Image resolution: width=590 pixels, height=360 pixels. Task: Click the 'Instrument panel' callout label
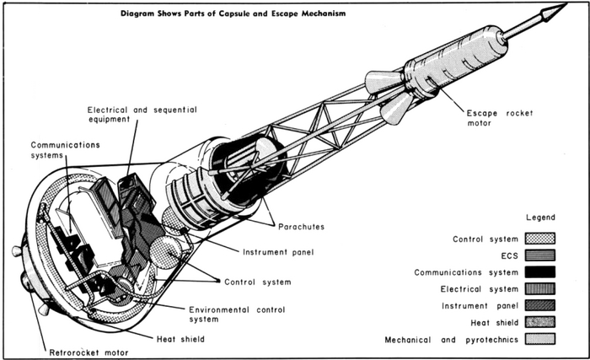(x=279, y=251)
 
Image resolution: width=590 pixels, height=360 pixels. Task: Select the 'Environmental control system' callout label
(x=219, y=313)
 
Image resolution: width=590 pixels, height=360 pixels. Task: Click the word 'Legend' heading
(x=539, y=218)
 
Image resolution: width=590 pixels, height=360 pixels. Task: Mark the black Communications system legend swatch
(x=540, y=272)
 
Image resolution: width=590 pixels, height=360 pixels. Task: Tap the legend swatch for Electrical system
(x=540, y=288)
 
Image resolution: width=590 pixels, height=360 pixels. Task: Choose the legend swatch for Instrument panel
(x=540, y=304)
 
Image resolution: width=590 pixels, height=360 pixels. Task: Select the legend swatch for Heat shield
(x=540, y=321)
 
